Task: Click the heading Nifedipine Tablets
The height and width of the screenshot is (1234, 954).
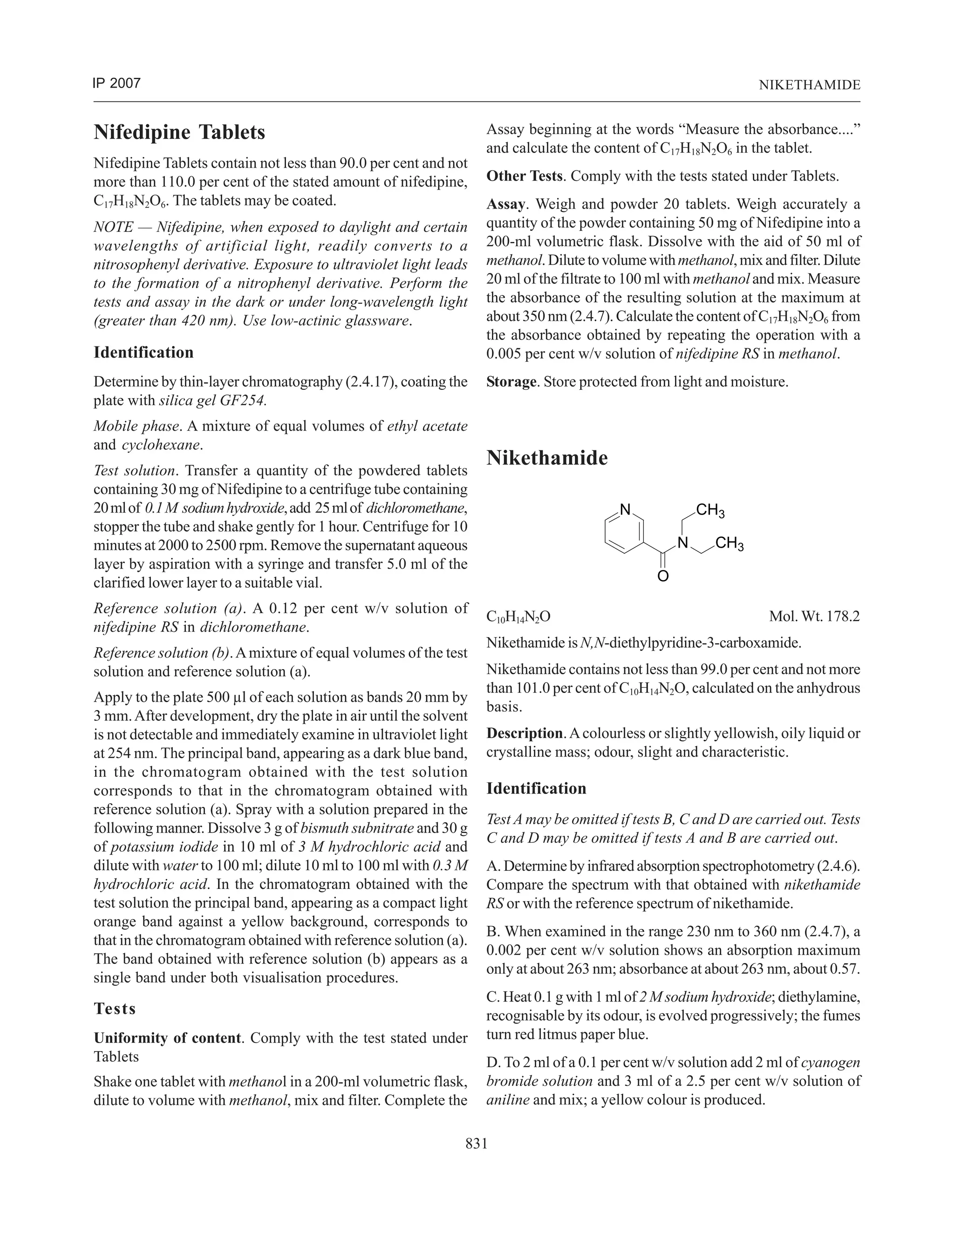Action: pos(179,132)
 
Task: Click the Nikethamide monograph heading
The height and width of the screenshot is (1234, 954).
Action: pos(546,458)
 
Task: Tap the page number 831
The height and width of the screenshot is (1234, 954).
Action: pos(477,1144)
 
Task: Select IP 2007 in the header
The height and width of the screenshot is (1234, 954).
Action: pos(116,84)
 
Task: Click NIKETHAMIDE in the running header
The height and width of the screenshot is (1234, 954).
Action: pos(809,85)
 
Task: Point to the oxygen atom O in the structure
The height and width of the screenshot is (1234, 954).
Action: pos(663,577)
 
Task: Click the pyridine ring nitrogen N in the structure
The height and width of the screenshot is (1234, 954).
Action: pos(625,509)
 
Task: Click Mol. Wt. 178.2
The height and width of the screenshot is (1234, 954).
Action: pos(814,617)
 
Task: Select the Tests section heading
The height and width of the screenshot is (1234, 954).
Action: pos(115,1009)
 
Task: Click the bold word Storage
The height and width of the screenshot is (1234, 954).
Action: pos(511,382)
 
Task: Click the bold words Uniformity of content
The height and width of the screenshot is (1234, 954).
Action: pos(167,1038)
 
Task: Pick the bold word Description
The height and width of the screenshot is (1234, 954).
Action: pos(525,733)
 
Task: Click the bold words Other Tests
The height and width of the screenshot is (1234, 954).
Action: pos(524,176)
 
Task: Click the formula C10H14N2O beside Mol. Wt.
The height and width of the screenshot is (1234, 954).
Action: pos(518,617)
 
